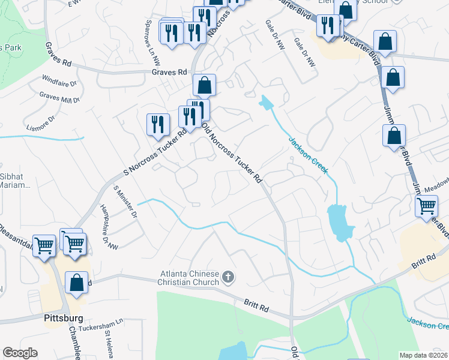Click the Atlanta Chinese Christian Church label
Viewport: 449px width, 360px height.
tap(188, 277)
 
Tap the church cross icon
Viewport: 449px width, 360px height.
tap(228, 277)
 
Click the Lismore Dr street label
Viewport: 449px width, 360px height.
tap(41, 122)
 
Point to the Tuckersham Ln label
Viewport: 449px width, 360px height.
tap(104, 322)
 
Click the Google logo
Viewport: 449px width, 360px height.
tap(20, 353)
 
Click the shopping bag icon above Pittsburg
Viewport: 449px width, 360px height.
tap(77, 284)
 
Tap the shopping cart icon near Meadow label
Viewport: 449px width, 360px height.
tap(426, 206)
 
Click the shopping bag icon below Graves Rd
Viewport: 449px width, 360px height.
tap(205, 85)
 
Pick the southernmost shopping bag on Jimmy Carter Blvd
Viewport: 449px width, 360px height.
tap(394, 137)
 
